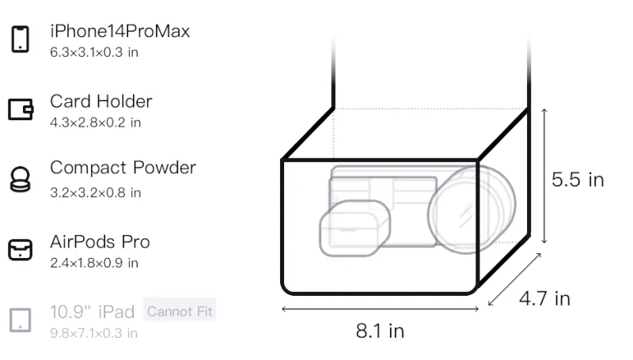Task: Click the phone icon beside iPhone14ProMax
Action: coord(21,39)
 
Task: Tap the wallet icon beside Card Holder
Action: coord(21,109)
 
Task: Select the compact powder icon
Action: coord(21,179)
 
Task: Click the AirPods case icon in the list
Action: coord(21,250)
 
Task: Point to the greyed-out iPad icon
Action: coord(21,320)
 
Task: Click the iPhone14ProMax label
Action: coord(120,31)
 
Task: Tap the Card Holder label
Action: coord(101,101)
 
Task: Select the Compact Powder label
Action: coord(123,168)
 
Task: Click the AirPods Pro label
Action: coord(100,242)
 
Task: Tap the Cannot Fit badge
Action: coord(180,311)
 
